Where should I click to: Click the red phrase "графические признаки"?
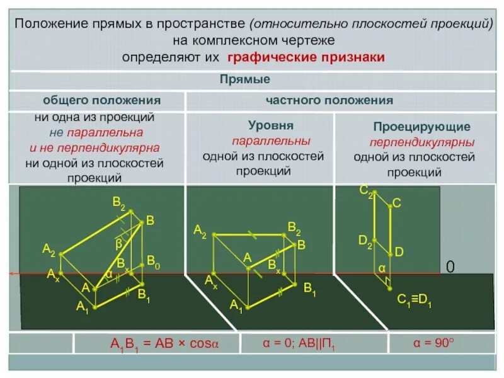[x=306, y=57]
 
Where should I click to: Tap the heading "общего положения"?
[x=101, y=101]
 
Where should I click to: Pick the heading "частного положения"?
[x=329, y=101]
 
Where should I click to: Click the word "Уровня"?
[x=271, y=125]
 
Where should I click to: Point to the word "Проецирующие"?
[x=412, y=127]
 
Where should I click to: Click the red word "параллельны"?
[x=271, y=140]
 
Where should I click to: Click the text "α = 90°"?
[x=433, y=343]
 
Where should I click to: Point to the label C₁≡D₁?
[x=414, y=302]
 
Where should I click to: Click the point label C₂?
[x=365, y=190]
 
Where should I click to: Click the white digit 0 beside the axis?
[x=450, y=268]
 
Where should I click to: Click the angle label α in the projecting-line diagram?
[x=381, y=268]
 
